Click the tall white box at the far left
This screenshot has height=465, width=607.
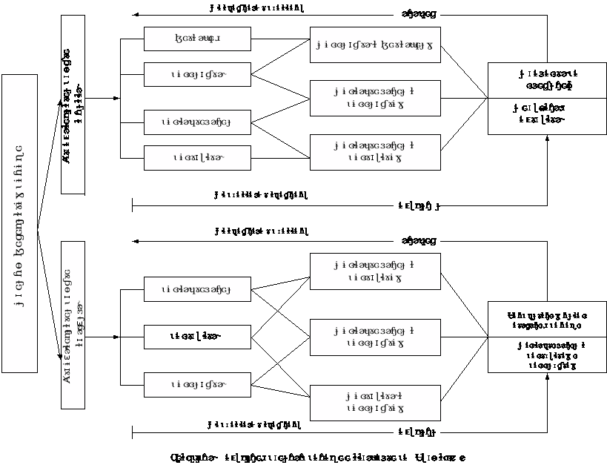click(20, 223)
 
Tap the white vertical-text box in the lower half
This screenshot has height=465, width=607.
click(73, 324)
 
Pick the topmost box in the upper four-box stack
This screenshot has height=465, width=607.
click(197, 39)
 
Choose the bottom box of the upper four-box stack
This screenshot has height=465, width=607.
click(197, 157)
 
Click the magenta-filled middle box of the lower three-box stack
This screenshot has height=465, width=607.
click(197, 337)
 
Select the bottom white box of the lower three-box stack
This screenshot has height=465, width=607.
click(197, 385)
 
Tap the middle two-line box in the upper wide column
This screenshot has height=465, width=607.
click(375, 98)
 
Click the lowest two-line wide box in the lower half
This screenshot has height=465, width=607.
click(375, 403)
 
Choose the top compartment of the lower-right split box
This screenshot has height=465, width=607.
click(547, 318)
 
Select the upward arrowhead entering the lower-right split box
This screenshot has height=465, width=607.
click(548, 377)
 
